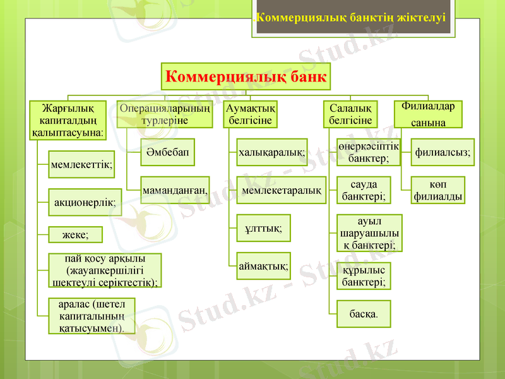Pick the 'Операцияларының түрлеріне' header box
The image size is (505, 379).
tap(165, 114)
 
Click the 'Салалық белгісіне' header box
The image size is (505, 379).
tap(350, 114)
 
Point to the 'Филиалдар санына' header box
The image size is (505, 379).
tap(427, 114)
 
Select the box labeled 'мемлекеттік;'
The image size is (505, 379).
tap(81, 164)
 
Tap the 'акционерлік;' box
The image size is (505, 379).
tap(85, 203)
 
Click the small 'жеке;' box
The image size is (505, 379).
tap(75, 235)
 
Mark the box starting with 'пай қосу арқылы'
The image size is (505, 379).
tap(105, 270)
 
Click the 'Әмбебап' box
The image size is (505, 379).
tap(167, 152)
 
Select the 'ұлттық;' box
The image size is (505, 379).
tap(263, 227)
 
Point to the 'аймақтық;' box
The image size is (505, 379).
tap(263, 266)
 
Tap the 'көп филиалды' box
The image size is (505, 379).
tap(438, 190)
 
